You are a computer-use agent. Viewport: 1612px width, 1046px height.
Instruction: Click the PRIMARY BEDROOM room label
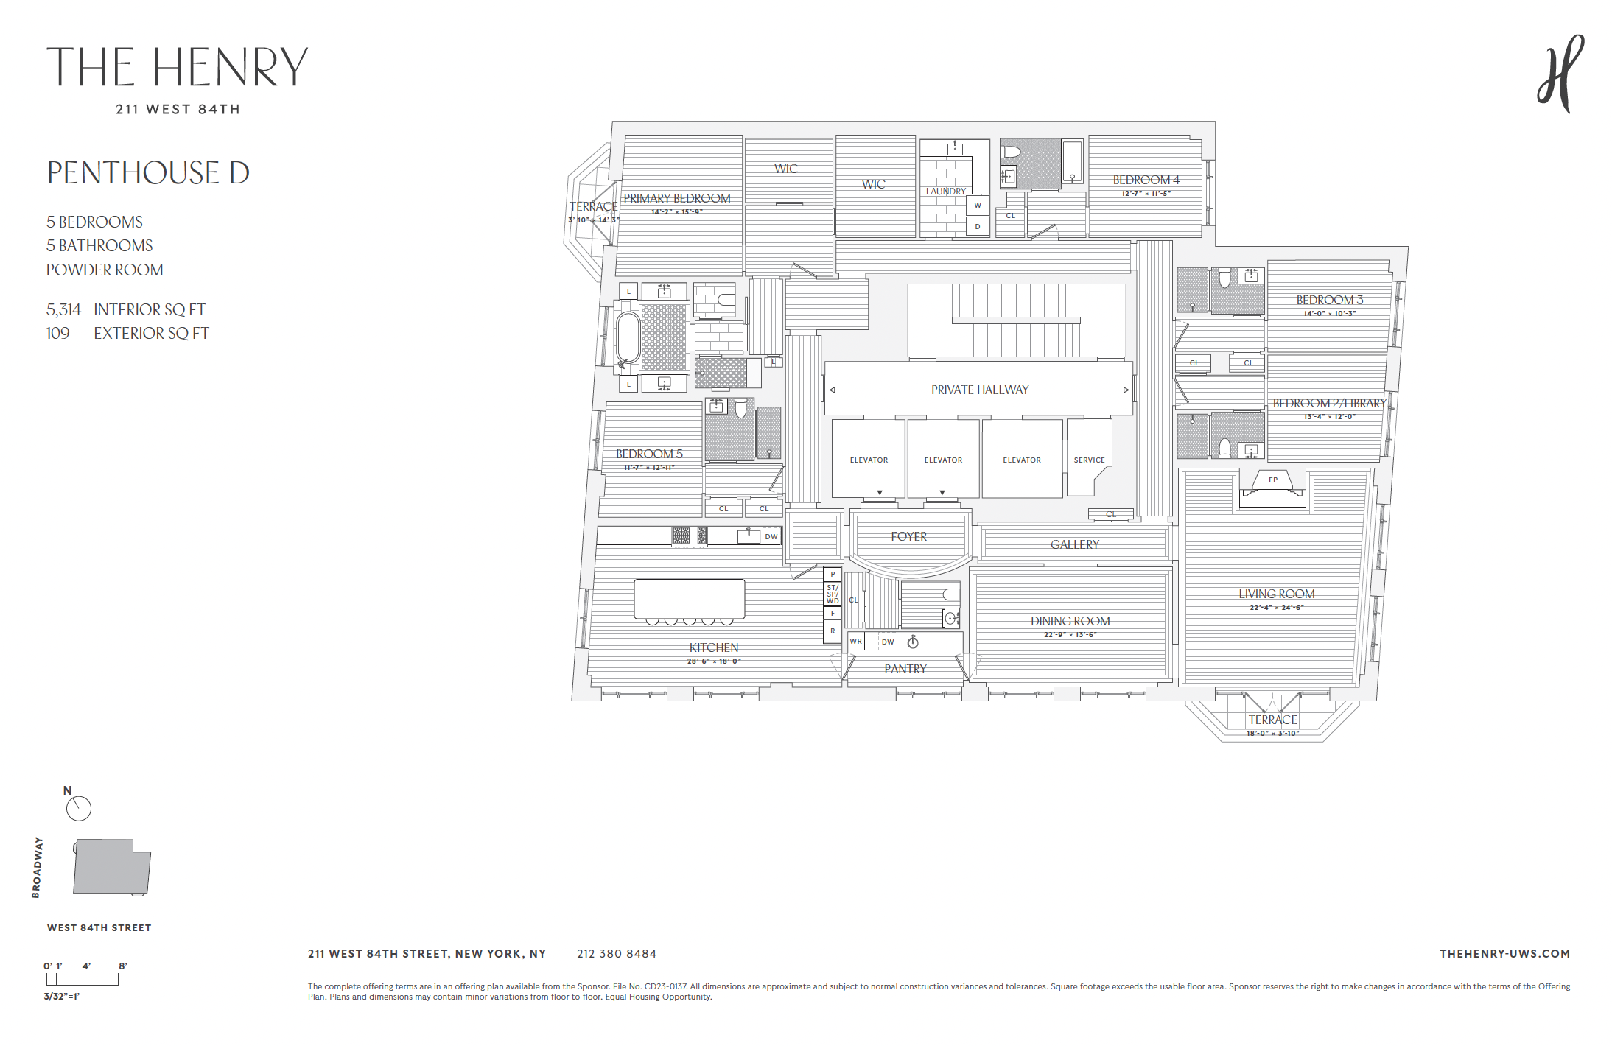[676, 198]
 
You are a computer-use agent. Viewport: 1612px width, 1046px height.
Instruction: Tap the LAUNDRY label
[945, 191]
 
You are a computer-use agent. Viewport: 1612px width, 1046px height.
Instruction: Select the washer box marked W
[978, 205]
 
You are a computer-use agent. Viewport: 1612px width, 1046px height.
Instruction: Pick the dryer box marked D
[978, 226]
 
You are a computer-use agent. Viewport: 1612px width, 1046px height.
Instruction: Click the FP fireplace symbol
[1272, 480]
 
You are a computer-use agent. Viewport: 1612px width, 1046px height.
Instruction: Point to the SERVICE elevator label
[1089, 460]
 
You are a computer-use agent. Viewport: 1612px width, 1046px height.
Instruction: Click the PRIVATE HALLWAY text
[979, 390]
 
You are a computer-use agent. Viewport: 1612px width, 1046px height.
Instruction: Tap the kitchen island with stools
[689, 598]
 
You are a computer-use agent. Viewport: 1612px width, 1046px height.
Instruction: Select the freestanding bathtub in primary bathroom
[628, 340]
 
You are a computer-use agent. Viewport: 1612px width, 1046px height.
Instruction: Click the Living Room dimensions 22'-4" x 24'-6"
[1276, 608]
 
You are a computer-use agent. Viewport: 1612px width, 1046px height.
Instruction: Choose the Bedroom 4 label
[1146, 180]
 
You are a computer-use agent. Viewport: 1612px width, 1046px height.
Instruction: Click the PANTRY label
[905, 669]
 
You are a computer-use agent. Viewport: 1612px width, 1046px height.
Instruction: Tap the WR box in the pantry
[855, 642]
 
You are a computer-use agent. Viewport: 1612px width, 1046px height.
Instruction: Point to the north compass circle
[79, 809]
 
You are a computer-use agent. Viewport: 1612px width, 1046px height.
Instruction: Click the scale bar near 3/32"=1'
[82, 980]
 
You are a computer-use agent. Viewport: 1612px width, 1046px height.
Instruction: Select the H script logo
[1560, 74]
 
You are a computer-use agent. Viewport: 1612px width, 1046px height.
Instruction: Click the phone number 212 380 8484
[617, 954]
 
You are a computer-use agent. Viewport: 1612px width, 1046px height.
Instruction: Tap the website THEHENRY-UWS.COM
[1504, 954]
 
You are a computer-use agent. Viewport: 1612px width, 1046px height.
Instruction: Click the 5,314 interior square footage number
[63, 309]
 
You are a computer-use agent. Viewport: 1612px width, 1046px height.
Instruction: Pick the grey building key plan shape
[111, 867]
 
